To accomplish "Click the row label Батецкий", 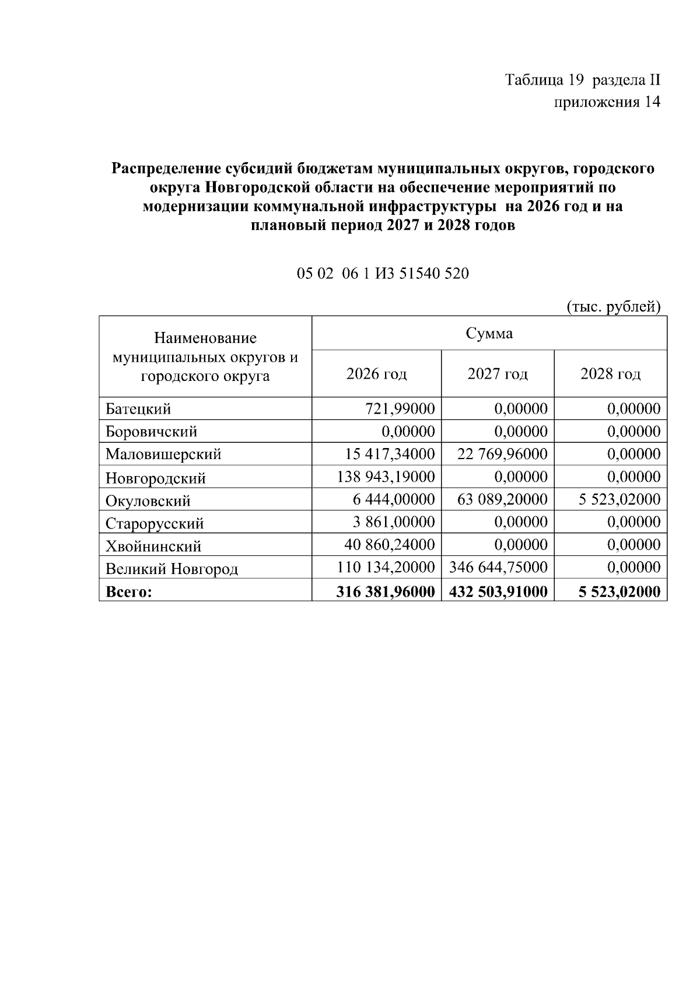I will (x=138, y=409).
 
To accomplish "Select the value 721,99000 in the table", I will (x=400, y=409).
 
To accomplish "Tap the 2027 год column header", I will (x=497, y=374).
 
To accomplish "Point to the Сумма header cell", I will (x=489, y=334).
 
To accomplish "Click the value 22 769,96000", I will (x=502, y=454).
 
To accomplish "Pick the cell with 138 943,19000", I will (x=386, y=477).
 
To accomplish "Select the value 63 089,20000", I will (x=502, y=499).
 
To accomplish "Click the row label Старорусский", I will (x=155, y=523).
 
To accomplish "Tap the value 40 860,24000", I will (x=389, y=545).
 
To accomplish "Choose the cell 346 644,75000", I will (x=498, y=567).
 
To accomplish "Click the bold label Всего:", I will (x=129, y=592).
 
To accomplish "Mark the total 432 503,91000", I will (x=498, y=592).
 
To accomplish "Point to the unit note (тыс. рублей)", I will (x=613, y=307).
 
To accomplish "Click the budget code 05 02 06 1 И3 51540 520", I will (x=383, y=274).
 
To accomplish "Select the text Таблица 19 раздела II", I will (x=582, y=80).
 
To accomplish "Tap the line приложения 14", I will (x=607, y=103).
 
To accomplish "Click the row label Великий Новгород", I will (x=171, y=569).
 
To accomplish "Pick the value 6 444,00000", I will (x=394, y=499).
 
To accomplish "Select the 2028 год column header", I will (x=610, y=374).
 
